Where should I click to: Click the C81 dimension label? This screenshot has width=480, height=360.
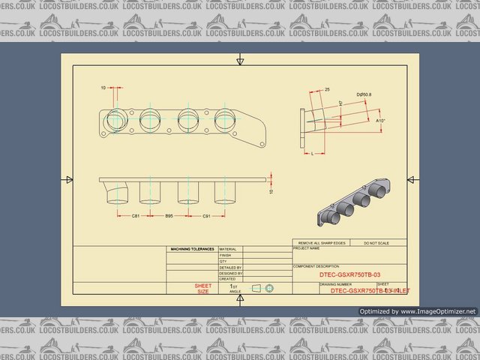click(x=136, y=215)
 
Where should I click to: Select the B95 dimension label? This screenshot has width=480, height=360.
click(x=169, y=215)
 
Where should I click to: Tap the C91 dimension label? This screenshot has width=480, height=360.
click(x=206, y=215)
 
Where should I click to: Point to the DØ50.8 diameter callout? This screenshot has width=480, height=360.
click(x=364, y=94)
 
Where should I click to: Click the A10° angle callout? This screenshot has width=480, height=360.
click(x=381, y=120)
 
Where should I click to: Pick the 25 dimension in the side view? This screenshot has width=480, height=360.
click(x=327, y=89)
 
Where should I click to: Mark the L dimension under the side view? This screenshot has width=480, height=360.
click(x=311, y=152)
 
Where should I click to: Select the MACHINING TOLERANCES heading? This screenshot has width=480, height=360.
click(x=192, y=249)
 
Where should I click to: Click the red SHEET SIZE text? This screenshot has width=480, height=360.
click(x=202, y=289)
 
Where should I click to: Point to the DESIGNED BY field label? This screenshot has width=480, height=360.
click(x=231, y=273)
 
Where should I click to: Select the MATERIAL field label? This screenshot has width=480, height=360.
click(x=228, y=249)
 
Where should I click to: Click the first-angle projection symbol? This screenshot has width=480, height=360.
click(x=262, y=288)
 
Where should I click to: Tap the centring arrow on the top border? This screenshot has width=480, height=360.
click(x=239, y=60)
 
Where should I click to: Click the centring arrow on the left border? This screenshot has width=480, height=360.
click(x=68, y=179)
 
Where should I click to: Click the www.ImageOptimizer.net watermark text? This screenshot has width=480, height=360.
click(x=427, y=311)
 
